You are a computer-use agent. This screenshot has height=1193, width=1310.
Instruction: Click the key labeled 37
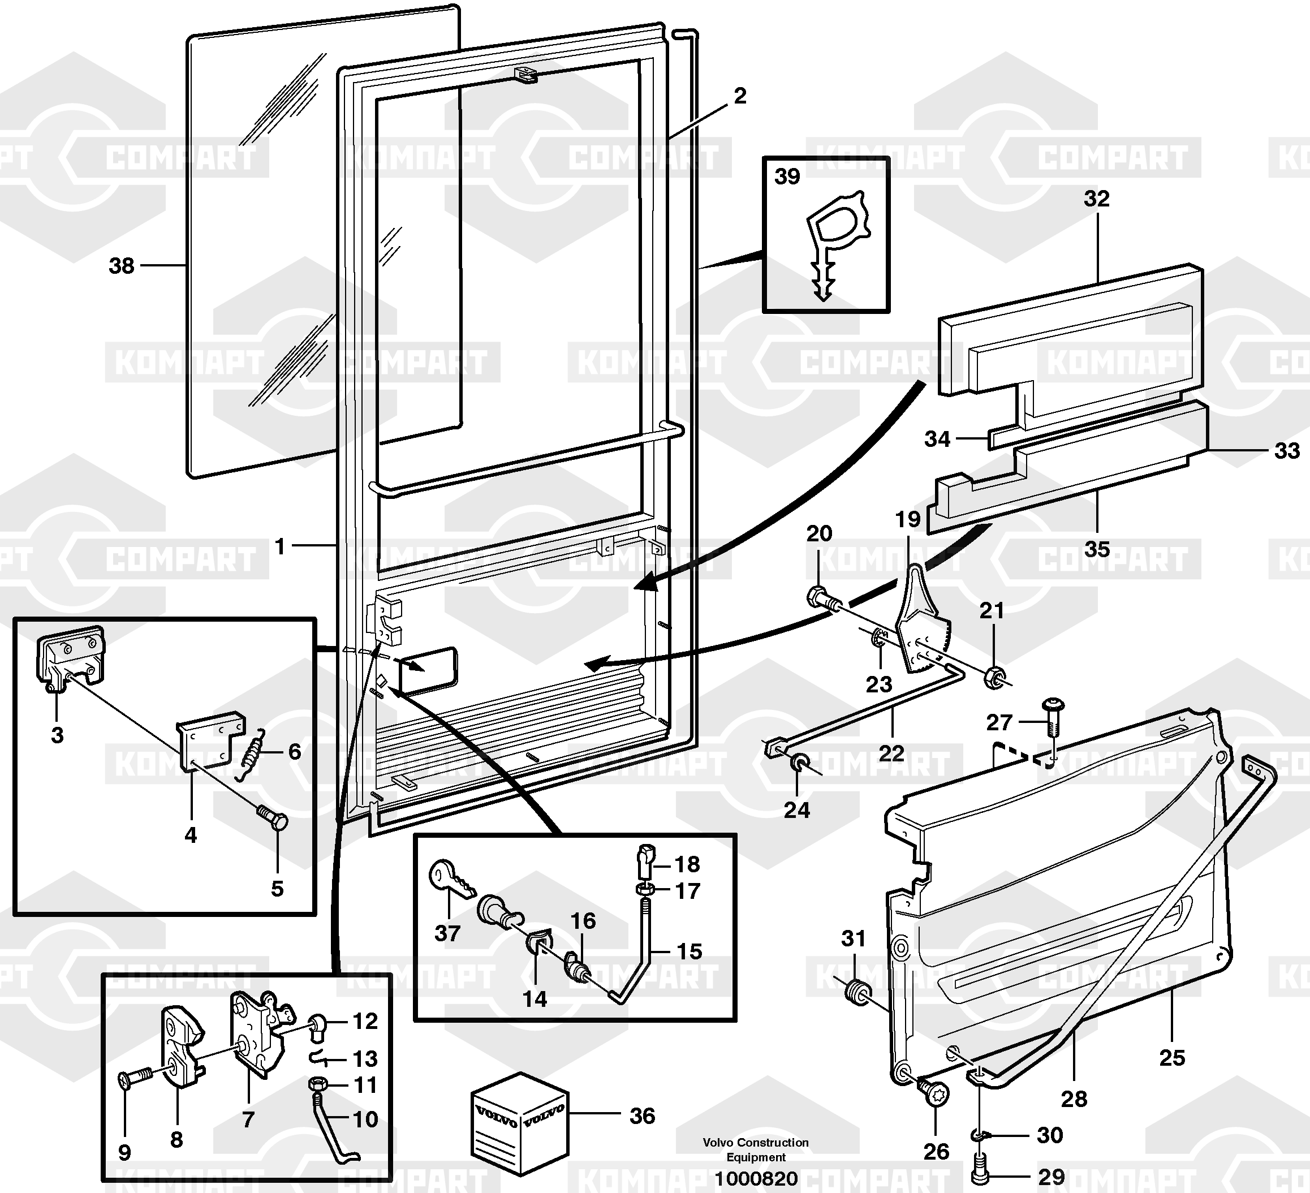click(x=451, y=879)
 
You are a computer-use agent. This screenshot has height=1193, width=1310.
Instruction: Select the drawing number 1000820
click(x=756, y=1178)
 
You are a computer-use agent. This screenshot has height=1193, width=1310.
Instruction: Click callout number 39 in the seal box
click(x=787, y=176)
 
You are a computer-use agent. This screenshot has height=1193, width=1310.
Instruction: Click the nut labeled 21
click(x=994, y=677)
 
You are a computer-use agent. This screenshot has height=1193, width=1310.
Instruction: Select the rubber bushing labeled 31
click(x=859, y=992)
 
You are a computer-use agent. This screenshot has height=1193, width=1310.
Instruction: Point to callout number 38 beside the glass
click(x=122, y=265)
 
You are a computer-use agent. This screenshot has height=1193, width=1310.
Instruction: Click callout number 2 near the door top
click(x=739, y=96)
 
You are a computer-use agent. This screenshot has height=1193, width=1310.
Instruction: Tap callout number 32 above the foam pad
click(x=1096, y=198)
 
